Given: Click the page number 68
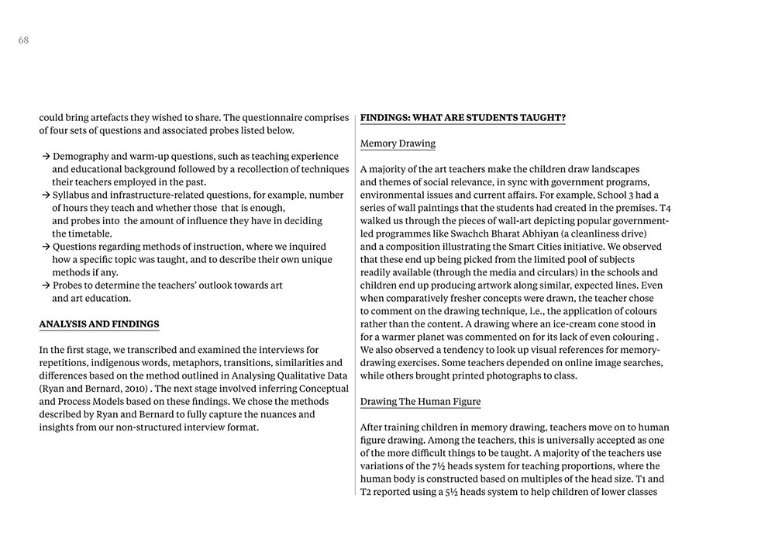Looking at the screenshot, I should (23, 40).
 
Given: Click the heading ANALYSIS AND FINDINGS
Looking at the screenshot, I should (99, 324).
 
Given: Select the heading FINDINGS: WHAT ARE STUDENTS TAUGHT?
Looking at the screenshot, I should (463, 118).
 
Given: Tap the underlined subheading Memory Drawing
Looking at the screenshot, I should (398, 144).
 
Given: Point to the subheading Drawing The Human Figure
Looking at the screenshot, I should (420, 402).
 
